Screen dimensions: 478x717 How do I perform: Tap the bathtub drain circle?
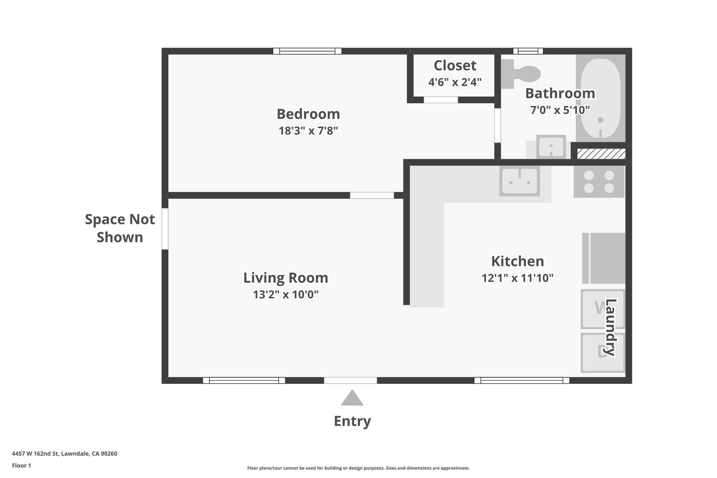(600, 120)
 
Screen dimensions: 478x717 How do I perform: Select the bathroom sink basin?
(551, 146)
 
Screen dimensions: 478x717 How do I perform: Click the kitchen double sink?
(520, 181)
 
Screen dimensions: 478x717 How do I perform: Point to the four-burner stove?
(599, 181)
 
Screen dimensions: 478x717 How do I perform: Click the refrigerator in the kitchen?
(604, 258)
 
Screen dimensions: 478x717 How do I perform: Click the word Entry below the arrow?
(352, 421)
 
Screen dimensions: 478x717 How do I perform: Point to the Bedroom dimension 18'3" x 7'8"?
(308, 131)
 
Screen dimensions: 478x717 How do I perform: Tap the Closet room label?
(455, 66)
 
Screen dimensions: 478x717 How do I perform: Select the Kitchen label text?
(517, 262)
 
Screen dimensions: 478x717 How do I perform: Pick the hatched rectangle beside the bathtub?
(601, 154)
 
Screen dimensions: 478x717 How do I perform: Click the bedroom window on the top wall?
(307, 51)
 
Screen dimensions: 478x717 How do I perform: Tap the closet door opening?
(441, 100)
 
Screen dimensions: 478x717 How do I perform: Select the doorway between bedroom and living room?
(372, 195)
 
